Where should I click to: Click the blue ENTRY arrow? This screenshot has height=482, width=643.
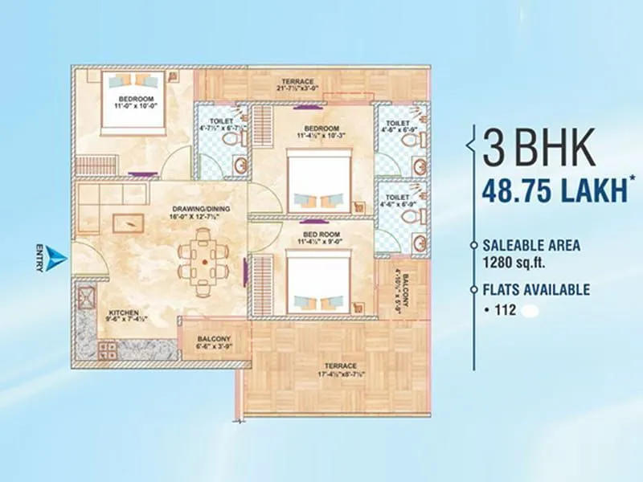click(x=55, y=256)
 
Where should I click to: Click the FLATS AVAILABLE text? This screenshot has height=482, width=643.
click(x=536, y=290)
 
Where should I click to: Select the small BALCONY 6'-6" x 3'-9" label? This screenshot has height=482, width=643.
click(x=214, y=343)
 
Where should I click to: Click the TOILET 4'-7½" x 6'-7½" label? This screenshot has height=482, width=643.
click(x=220, y=127)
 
